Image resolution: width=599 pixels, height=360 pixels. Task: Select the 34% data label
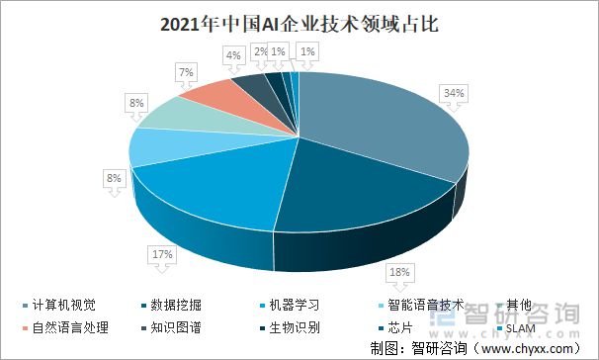click(454, 93)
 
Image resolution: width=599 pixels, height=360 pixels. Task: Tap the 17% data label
click(162, 254)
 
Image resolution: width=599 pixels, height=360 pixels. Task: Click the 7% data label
click(186, 72)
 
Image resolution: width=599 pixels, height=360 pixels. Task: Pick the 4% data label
click(234, 56)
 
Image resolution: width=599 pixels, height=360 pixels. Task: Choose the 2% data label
click(260, 50)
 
